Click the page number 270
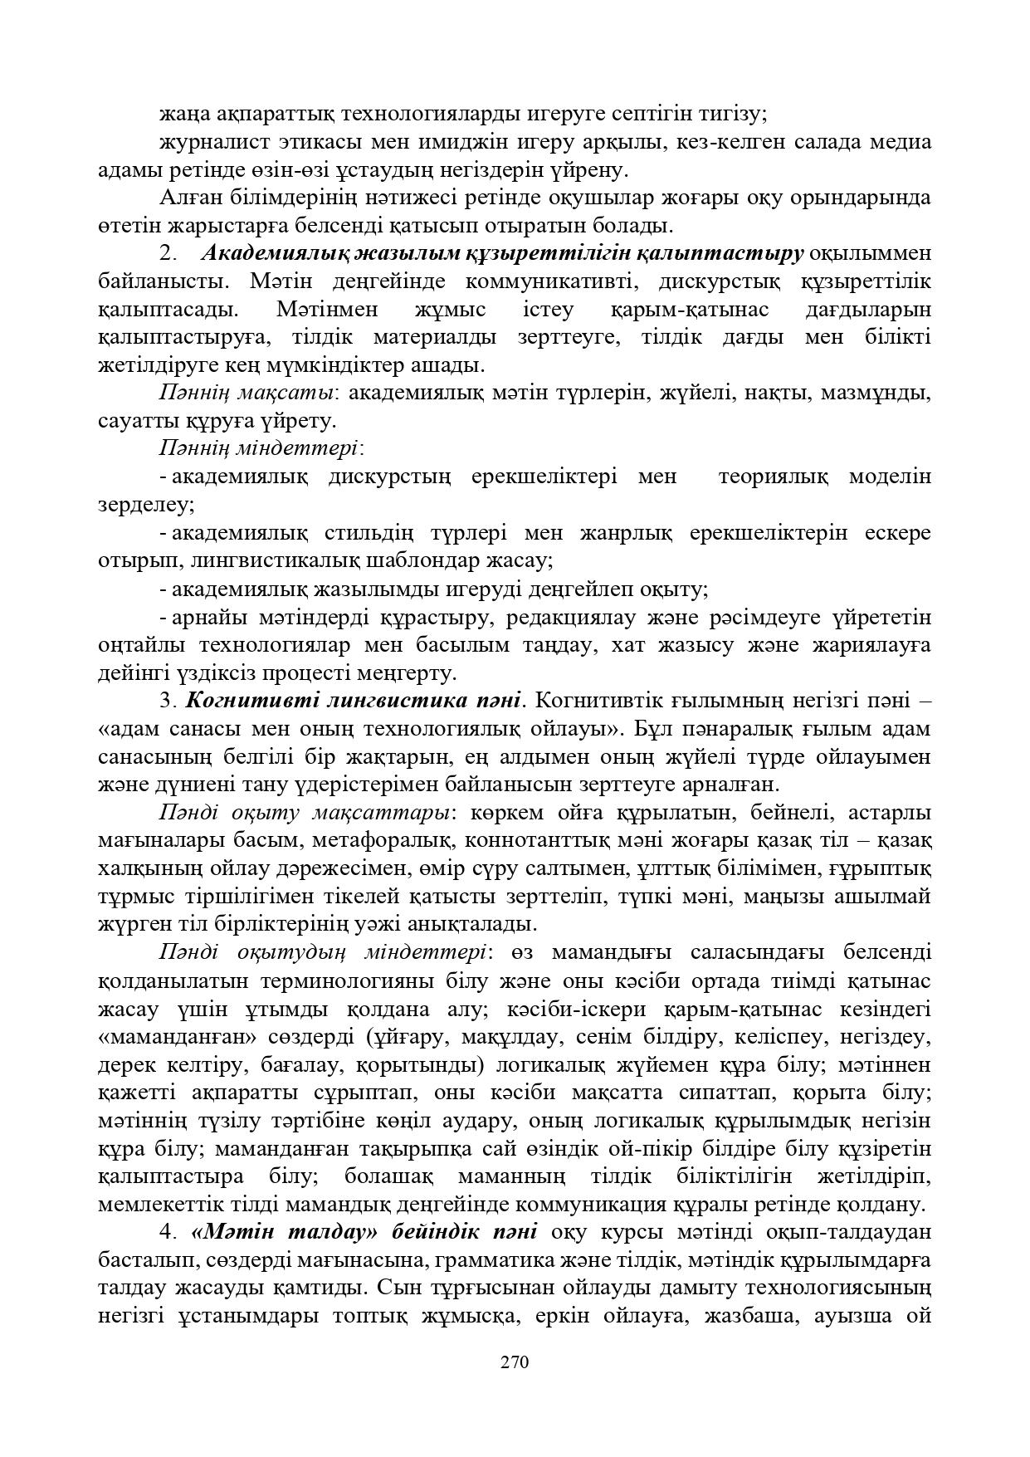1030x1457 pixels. coord(515,1362)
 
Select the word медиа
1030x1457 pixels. coord(901,142)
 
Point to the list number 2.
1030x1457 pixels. coord(165,253)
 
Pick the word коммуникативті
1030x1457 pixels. coord(551,281)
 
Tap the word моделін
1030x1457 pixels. coord(890,477)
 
